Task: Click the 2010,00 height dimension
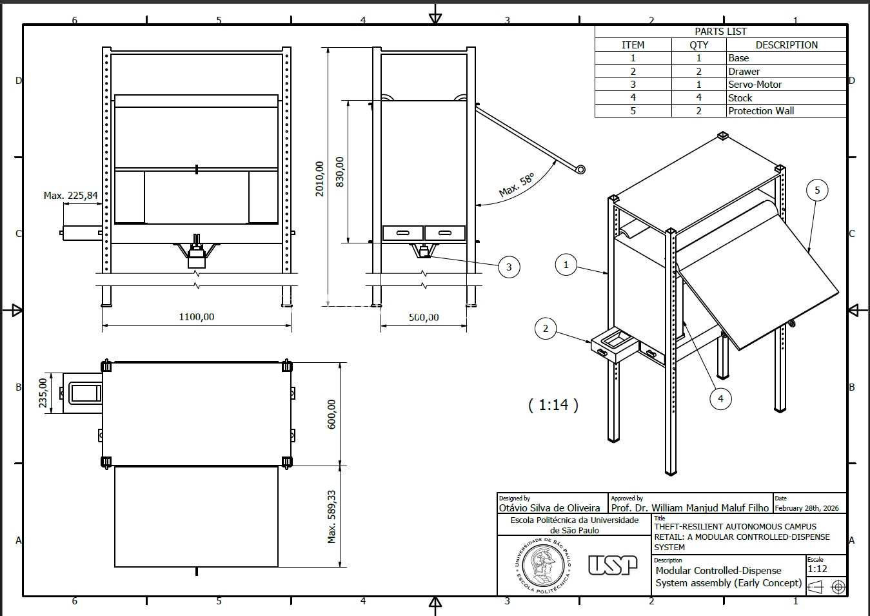click(319, 179)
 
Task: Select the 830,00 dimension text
click(339, 172)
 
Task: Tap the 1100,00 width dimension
click(197, 317)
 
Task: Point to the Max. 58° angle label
click(517, 185)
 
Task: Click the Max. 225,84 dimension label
click(71, 195)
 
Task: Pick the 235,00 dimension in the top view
click(43, 393)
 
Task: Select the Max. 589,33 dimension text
click(331, 517)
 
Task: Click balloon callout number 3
click(509, 267)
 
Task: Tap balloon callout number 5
click(817, 190)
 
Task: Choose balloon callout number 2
click(546, 328)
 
